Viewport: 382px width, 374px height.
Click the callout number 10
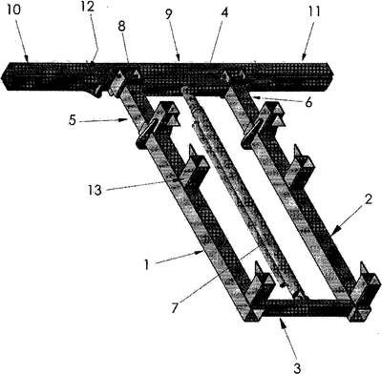coord(13,10)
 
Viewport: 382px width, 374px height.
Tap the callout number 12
coord(88,7)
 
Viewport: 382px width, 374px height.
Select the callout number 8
coord(121,27)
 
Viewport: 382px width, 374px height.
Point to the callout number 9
coord(169,14)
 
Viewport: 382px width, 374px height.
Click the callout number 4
coord(224,12)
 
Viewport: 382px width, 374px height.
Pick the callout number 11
coord(313,11)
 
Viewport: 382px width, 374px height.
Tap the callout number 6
coord(308,102)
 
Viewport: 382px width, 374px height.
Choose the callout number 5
coord(73,121)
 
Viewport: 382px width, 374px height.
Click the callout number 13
coord(95,190)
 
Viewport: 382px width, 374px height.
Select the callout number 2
coord(368,200)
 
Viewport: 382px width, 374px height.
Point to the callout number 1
coord(147,264)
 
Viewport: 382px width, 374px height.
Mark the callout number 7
coord(175,308)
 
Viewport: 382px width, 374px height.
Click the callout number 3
coord(297,368)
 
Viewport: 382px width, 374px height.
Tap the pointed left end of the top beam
coord(2,76)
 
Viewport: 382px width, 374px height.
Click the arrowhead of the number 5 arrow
coord(128,120)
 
